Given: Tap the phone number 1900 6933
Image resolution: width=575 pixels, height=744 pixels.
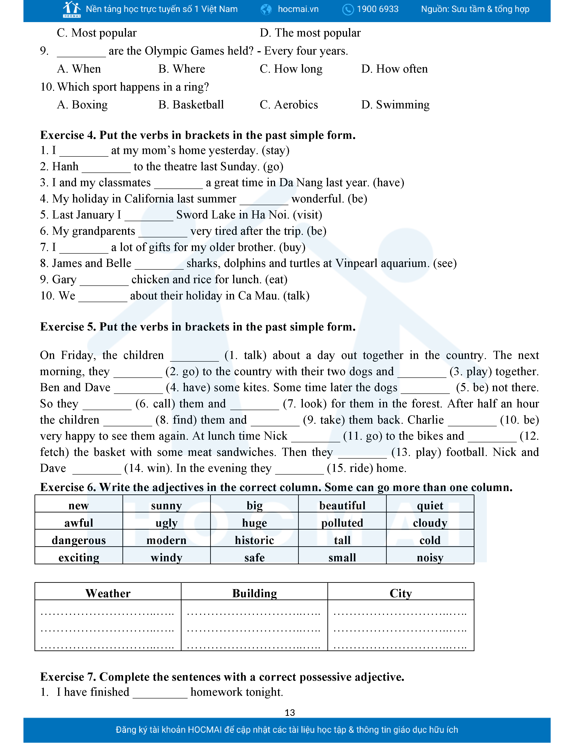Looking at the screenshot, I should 377,9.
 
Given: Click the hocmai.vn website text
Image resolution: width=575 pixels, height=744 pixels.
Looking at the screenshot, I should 298,9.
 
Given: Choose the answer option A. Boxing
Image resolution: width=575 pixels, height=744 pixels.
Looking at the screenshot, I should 83,105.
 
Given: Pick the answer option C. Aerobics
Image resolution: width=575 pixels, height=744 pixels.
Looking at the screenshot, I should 289,105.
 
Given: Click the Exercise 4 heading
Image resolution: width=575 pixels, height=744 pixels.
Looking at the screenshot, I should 198,135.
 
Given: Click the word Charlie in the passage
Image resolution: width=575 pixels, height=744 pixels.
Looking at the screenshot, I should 425,420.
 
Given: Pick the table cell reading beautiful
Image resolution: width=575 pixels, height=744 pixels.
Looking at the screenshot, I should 342,505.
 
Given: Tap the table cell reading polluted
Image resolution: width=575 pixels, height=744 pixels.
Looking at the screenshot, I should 342,523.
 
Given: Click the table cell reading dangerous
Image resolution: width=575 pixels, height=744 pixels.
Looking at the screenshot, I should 79,540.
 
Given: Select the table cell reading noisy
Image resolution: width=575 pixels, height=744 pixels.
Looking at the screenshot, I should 430,558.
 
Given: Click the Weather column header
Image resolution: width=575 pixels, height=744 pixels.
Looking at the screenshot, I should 108,593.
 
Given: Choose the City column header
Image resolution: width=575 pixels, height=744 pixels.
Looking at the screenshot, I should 401,593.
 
